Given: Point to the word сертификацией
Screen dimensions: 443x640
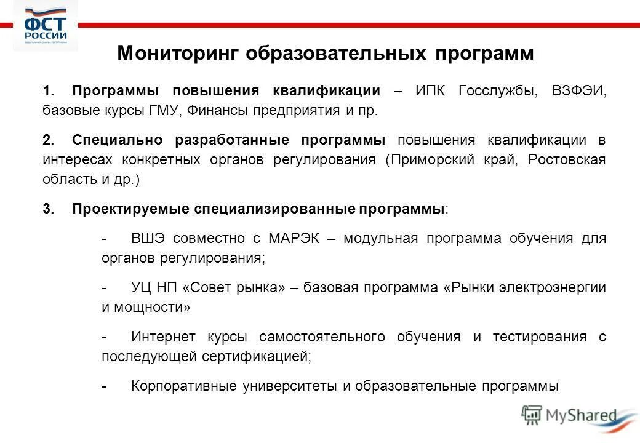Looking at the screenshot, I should coord(254,356).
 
